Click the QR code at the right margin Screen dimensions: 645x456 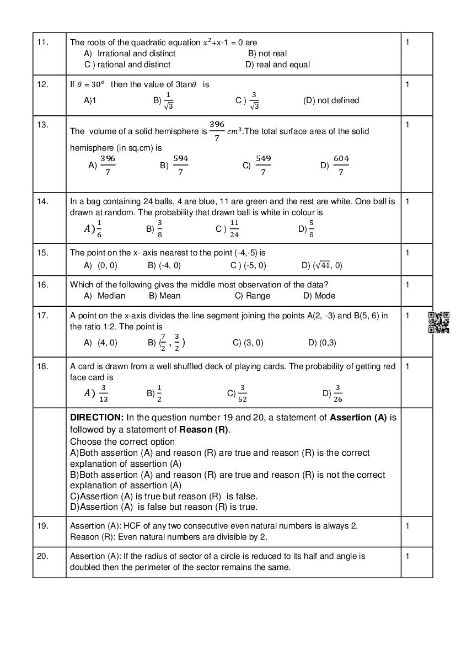point(439,322)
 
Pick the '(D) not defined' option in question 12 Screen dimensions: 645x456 point(331,100)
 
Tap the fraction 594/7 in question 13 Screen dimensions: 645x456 point(180,165)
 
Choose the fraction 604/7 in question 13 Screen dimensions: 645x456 point(341,165)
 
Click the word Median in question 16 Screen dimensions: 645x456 point(111,296)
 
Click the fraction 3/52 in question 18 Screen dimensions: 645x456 point(242,393)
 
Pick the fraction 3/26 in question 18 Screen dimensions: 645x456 point(338,393)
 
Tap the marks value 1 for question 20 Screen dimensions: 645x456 point(407,556)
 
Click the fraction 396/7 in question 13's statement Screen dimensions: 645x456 point(217,131)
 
